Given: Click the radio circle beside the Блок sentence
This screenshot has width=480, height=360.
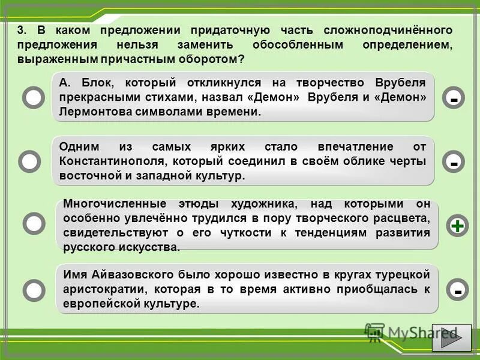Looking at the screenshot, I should (x=34, y=98).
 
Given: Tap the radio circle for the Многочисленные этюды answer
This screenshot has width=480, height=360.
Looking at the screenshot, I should (x=34, y=224).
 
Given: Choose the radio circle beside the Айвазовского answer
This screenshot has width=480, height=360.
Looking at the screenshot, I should (x=34, y=290).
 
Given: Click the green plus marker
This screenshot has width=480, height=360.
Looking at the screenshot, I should (x=458, y=226).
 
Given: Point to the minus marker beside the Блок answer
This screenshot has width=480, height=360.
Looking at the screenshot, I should (x=454, y=98).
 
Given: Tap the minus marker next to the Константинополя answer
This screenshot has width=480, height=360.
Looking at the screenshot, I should (x=454, y=161).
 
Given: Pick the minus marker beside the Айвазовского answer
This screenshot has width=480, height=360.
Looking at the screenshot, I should (x=458, y=290).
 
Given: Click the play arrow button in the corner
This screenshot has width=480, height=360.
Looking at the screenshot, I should (x=452, y=337).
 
